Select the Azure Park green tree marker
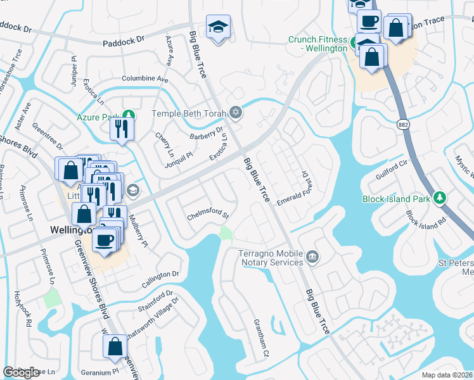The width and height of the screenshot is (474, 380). coord(129,115)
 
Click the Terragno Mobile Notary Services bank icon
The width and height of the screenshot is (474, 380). coord(312,257)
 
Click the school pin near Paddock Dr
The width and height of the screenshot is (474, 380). coord(218,27)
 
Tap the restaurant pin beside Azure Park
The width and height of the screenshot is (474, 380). coord(120,129)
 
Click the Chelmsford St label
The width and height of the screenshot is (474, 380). coord(207,216)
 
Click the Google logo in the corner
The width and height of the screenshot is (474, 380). coord(22,372)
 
